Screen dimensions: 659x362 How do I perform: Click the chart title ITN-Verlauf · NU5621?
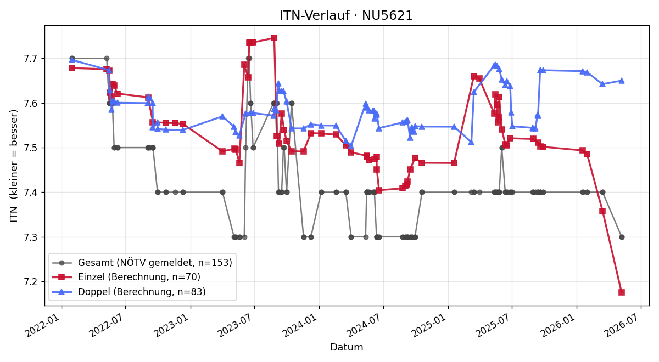(347, 15)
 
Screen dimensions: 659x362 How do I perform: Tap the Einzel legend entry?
(126, 277)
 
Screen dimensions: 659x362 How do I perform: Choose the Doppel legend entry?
(129, 291)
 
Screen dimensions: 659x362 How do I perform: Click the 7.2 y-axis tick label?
(31, 282)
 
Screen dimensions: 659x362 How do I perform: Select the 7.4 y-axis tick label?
(31, 193)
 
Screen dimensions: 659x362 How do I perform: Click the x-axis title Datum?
(347, 347)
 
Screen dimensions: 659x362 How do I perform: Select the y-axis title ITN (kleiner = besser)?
(14, 166)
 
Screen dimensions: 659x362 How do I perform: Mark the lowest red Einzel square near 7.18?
(622, 292)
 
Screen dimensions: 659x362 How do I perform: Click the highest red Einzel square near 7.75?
(274, 38)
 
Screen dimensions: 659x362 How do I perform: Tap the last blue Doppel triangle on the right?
(622, 81)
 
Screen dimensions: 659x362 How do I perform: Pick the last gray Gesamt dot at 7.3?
(622, 237)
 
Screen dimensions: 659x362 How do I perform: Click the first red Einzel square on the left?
(72, 68)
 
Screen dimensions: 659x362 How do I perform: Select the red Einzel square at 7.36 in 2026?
(602, 211)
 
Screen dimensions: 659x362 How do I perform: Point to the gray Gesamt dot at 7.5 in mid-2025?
(502, 148)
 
